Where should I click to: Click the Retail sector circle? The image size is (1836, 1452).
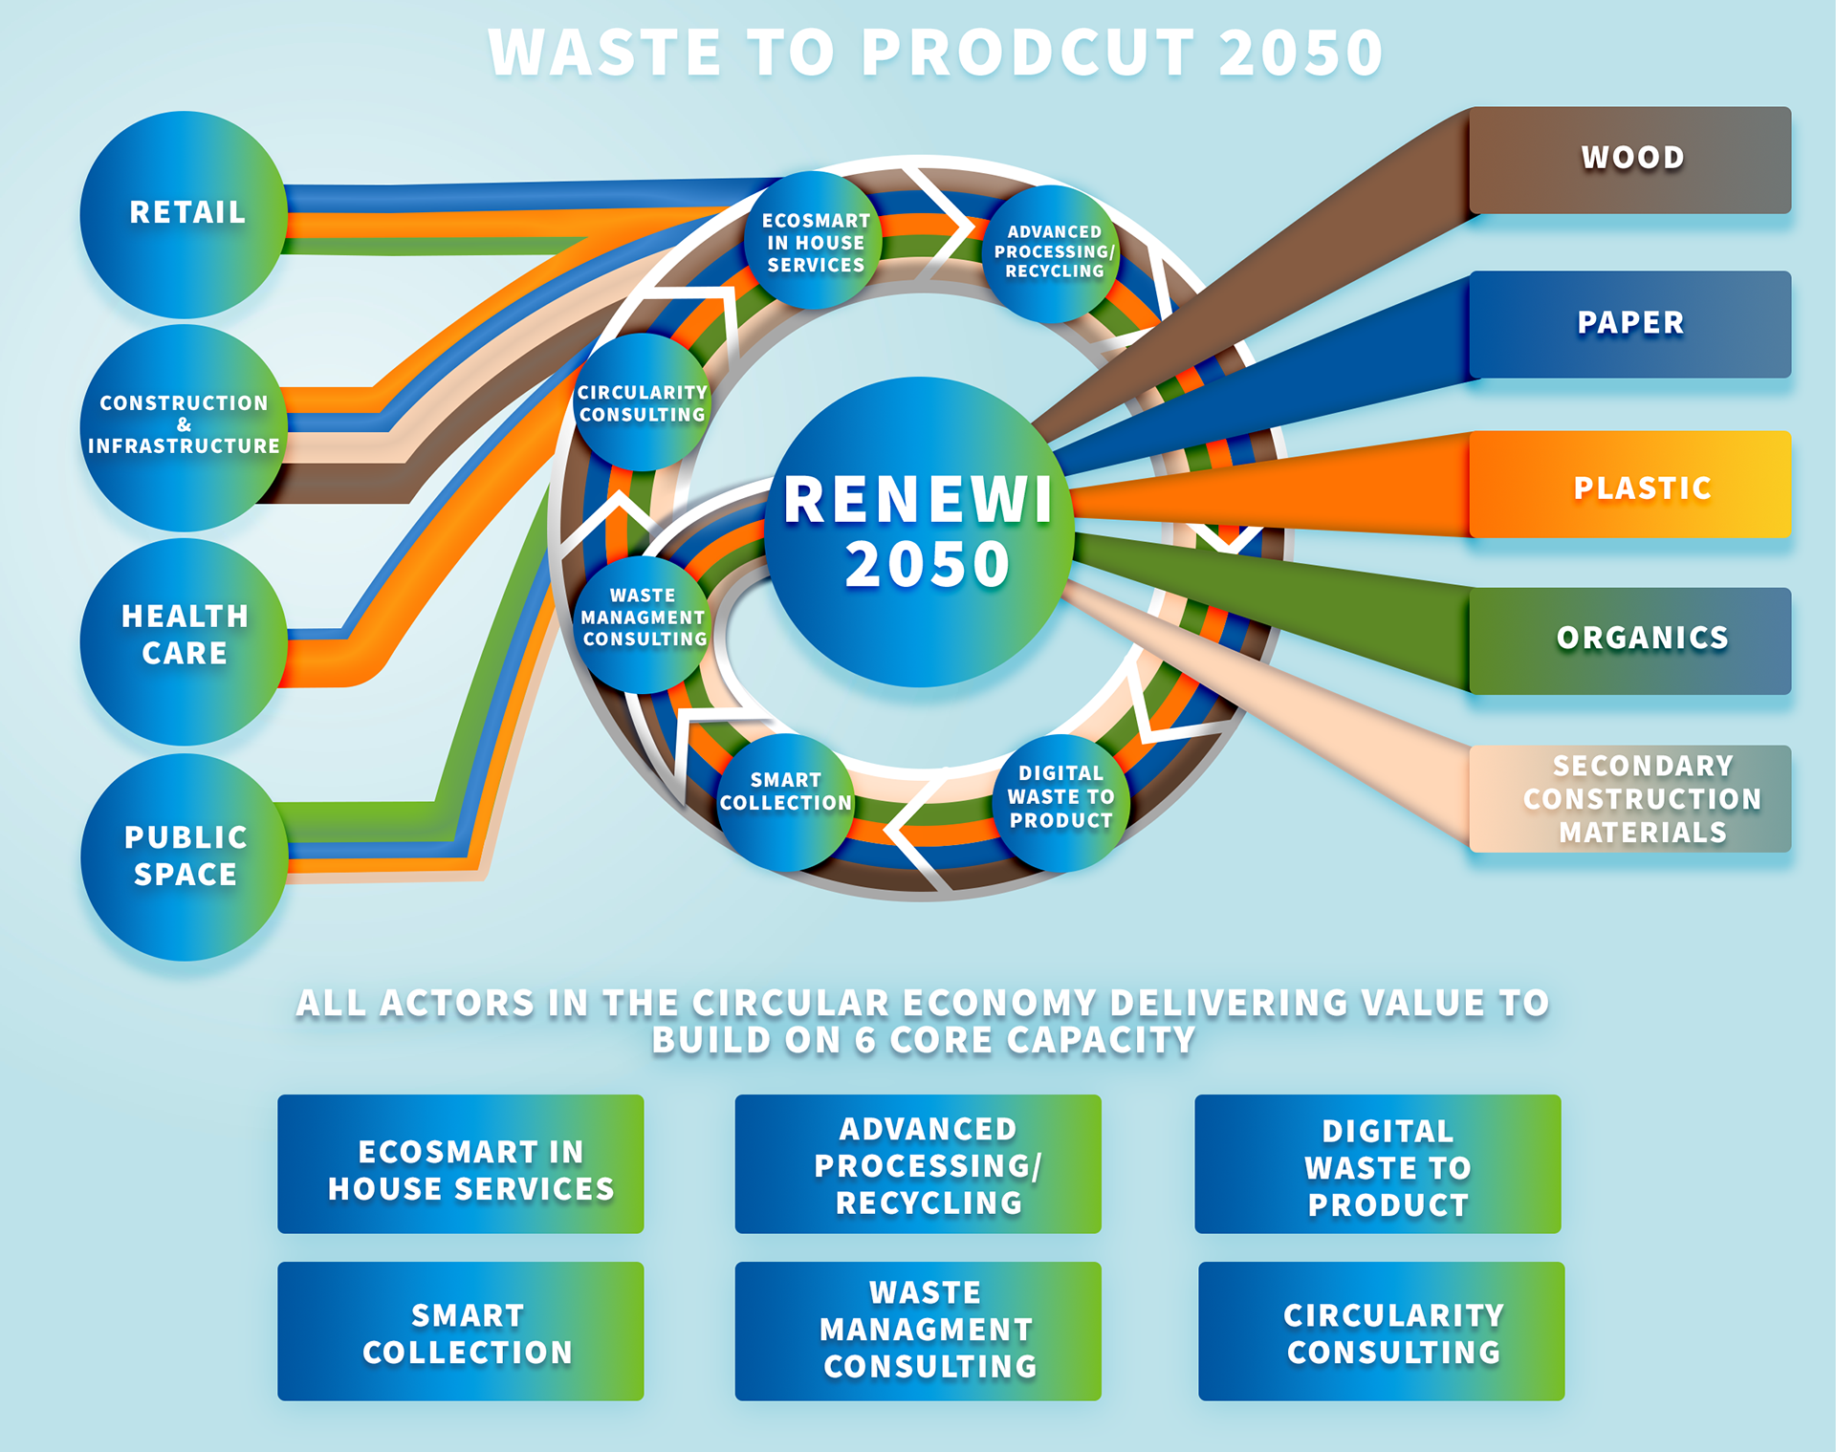[184, 214]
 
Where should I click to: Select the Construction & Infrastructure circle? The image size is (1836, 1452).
[184, 426]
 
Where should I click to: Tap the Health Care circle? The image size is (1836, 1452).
[184, 639]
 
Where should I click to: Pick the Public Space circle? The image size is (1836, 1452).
[184, 856]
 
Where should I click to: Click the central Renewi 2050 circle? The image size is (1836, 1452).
[918, 531]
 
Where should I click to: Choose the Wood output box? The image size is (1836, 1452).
[1629, 160]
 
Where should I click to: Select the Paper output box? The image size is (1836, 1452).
[1629, 324]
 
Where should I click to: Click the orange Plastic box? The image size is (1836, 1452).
[1629, 485]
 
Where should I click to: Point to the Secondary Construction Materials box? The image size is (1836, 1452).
[1629, 799]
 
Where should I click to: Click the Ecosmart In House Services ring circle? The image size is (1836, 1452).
[815, 242]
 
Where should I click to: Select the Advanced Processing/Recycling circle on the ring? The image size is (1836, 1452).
[1053, 253]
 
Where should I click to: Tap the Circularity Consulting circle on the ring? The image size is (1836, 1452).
[642, 403]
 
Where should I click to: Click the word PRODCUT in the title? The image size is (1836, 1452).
[1028, 53]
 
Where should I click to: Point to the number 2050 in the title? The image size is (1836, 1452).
[1300, 53]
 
